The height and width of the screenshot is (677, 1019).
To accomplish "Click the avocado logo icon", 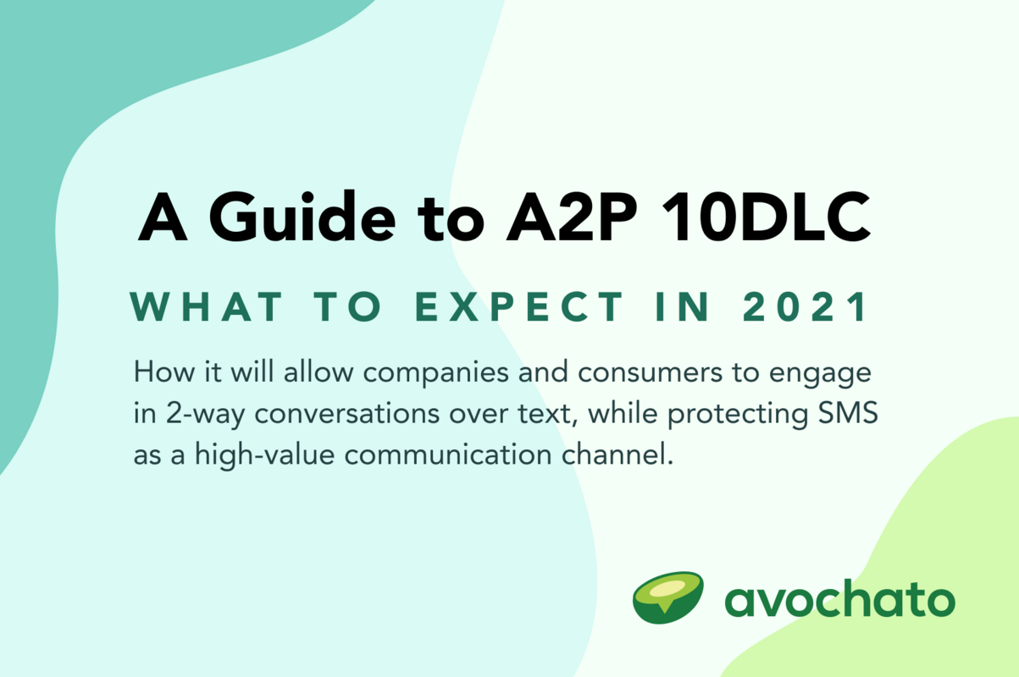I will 667,597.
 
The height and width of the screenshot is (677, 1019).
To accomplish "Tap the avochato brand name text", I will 839,600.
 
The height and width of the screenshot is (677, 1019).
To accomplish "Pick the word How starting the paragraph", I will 155,373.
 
